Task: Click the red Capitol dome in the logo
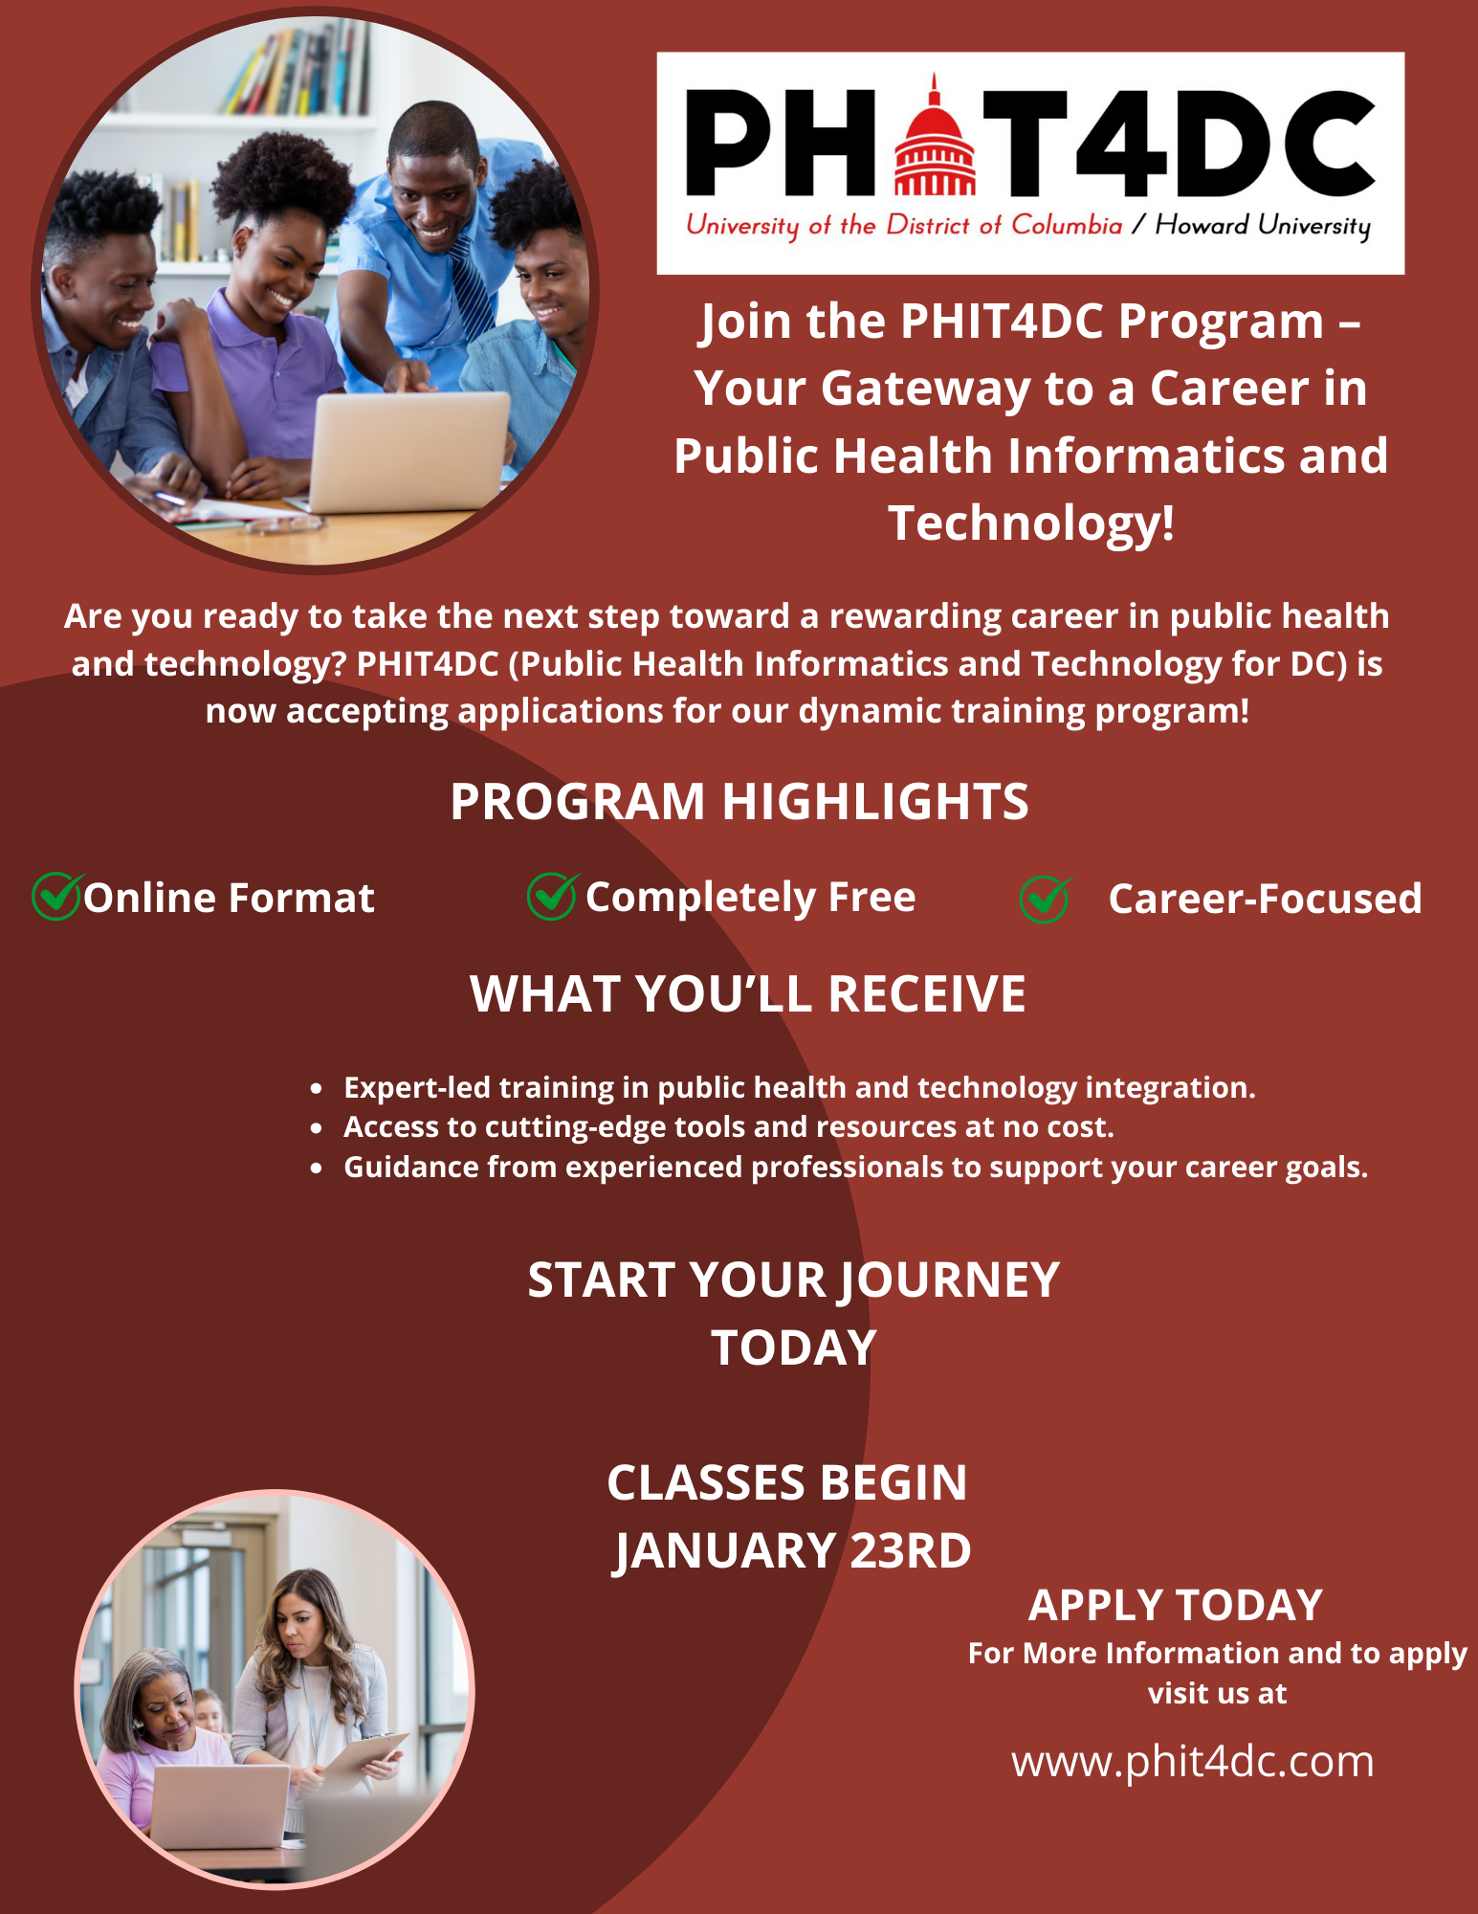[935, 139]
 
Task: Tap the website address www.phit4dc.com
[1193, 1762]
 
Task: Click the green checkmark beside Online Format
[56, 896]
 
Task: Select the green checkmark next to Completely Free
[552, 896]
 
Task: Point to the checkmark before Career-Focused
[1046, 899]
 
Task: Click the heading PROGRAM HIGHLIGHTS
[739, 801]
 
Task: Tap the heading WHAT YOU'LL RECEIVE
[748, 993]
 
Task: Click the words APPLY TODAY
[1176, 1605]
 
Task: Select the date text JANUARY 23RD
[792, 1550]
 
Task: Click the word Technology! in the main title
[1031, 523]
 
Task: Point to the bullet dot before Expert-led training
[317, 1089]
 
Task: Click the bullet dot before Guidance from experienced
[317, 1168]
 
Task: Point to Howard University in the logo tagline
[1263, 226]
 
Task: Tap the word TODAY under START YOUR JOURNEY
[794, 1347]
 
